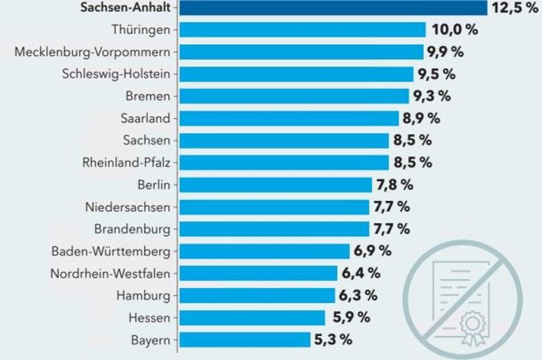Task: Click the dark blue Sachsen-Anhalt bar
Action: point(333,8)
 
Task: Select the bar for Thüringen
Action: point(302,30)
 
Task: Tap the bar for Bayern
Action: point(245,339)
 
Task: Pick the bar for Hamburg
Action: point(257,295)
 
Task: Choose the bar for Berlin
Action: point(275,185)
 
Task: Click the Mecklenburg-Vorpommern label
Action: point(93,52)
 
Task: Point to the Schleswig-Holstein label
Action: point(116,74)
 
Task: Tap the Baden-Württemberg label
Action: point(111,251)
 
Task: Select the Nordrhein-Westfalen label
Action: point(110,273)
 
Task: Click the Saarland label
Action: point(145,118)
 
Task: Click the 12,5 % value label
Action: point(514,8)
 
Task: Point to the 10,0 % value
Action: point(455,30)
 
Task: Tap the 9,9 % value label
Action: point(446,52)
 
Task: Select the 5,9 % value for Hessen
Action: point(351,318)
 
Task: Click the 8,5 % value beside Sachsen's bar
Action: point(412,140)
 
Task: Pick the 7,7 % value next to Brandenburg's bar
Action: point(391,229)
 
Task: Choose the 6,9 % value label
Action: point(373,251)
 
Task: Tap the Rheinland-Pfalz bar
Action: point(284,163)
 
